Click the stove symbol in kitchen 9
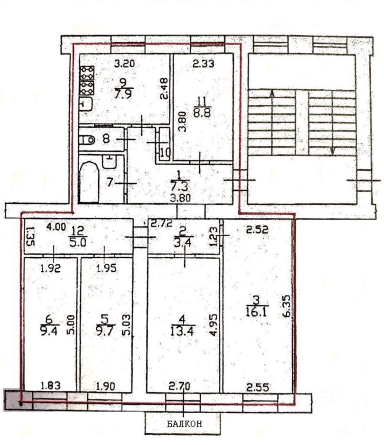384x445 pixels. [x=87, y=80]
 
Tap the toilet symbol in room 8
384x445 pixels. [x=87, y=140]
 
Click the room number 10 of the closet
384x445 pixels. [x=165, y=154]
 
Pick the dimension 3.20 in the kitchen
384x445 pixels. [x=124, y=64]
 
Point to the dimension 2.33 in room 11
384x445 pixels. [x=203, y=64]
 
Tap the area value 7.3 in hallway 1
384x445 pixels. [x=179, y=186]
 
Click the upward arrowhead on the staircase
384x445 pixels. [x=272, y=93]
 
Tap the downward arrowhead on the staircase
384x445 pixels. [x=333, y=151]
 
